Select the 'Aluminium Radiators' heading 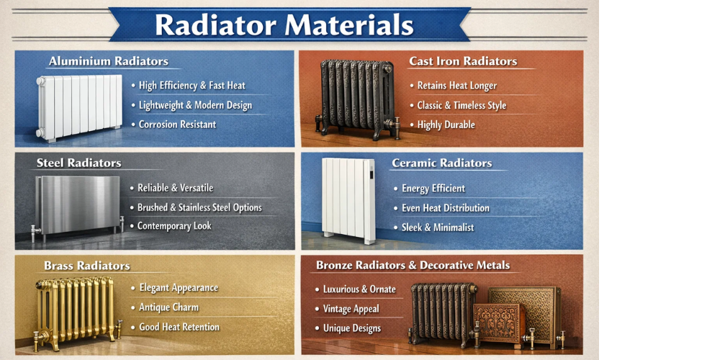pyautogui.click(x=108, y=61)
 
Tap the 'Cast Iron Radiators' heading pyautogui.click(x=463, y=61)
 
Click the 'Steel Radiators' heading pyautogui.click(x=78, y=163)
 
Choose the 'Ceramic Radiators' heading pyautogui.click(x=441, y=163)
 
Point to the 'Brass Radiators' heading pyautogui.click(x=86, y=266)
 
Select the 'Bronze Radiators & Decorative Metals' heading pyautogui.click(x=413, y=265)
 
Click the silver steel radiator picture pyautogui.click(x=76, y=204)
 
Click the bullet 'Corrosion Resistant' pyautogui.click(x=177, y=125)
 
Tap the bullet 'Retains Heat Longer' pyautogui.click(x=456, y=86)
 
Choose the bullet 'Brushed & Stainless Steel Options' pyautogui.click(x=199, y=207)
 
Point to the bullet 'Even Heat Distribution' pyautogui.click(x=445, y=208)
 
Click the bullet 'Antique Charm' pyautogui.click(x=168, y=307)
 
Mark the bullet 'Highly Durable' pyautogui.click(x=446, y=125)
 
